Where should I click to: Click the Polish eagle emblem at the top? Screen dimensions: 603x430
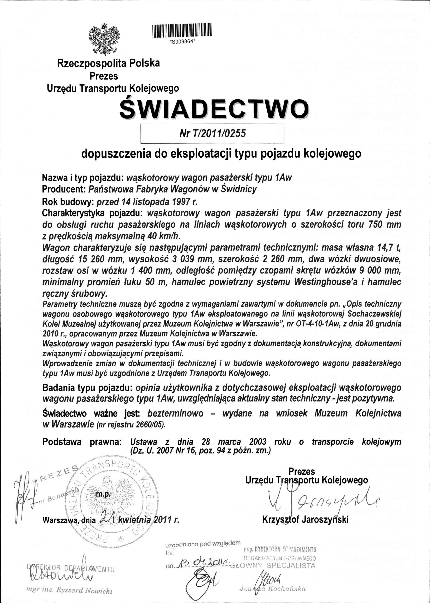(x=104, y=39)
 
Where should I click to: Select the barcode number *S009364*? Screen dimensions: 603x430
(x=182, y=41)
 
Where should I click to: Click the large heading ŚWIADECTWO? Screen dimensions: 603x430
(x=214, y=110)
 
